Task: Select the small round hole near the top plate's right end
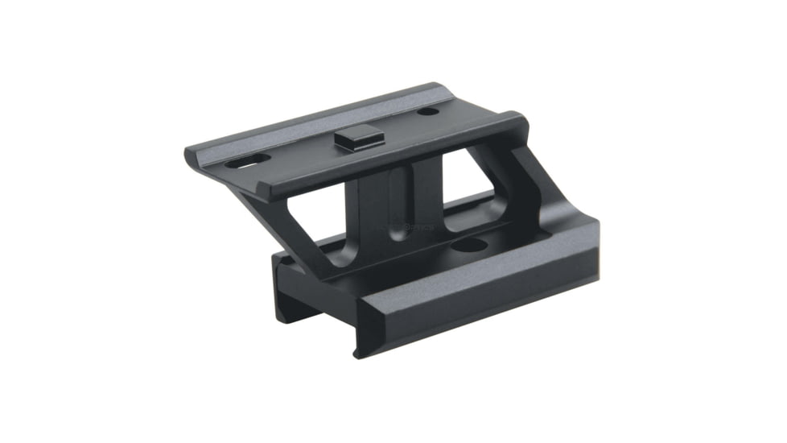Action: click(428, 110)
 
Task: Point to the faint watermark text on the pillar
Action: click(402, 227)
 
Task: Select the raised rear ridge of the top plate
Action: click(322, 121)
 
